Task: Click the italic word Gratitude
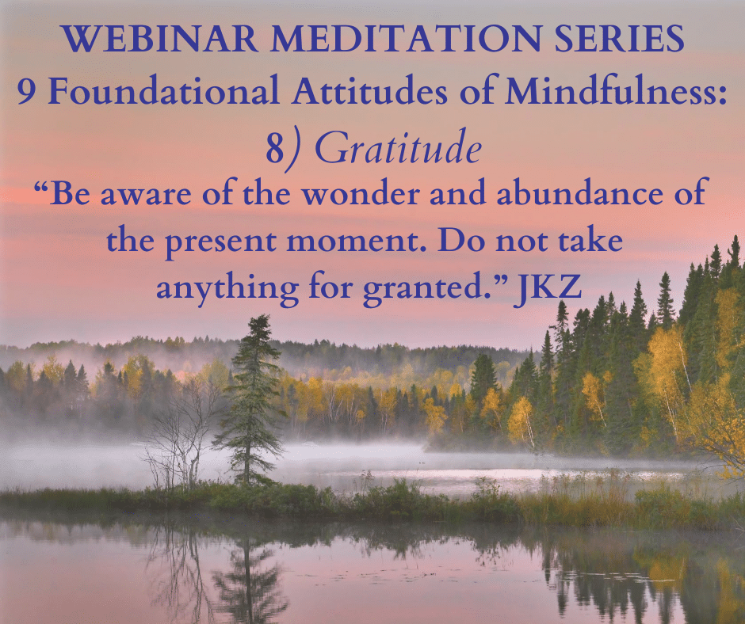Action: coord(399,147)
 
